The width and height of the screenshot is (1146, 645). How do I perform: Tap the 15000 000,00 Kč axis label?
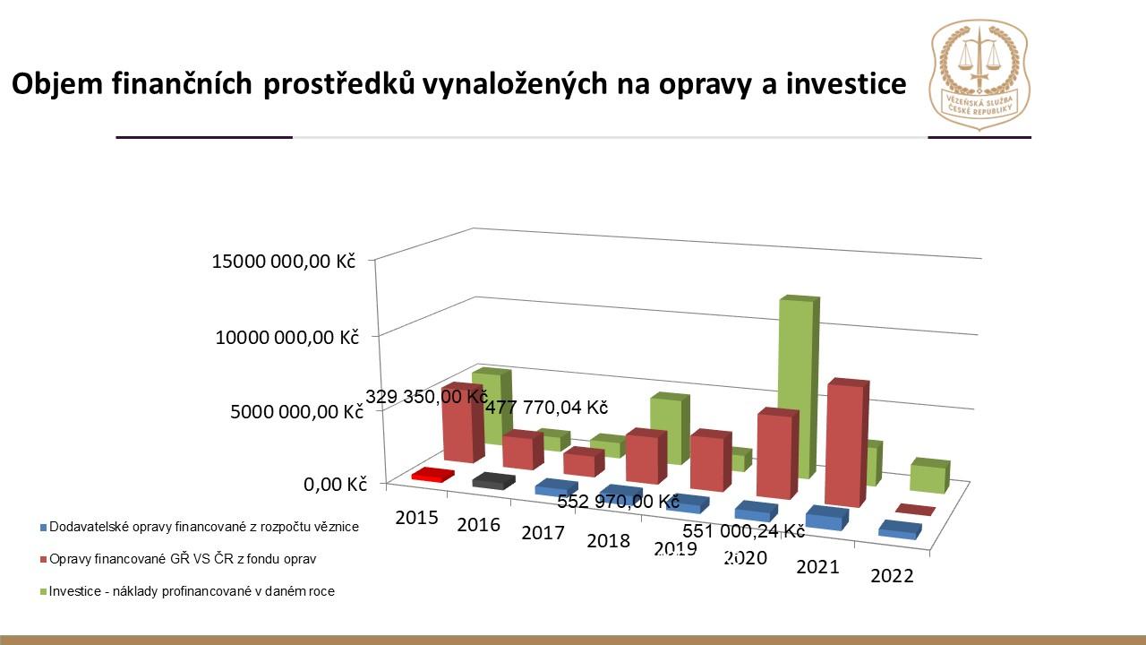(x=283, y=262)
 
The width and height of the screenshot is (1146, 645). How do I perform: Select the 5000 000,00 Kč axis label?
(x=295, y=413)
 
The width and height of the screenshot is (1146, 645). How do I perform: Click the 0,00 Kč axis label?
(x=336, y=485)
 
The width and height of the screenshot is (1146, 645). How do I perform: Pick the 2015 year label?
(x=415, y=517)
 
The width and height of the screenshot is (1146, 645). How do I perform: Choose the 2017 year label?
(x=543, y=533)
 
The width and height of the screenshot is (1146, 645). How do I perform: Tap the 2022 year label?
(x=892, y=575)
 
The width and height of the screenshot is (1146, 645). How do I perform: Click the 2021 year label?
(x=817, y=566)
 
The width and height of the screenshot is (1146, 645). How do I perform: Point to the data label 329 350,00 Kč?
(x=426, y=397)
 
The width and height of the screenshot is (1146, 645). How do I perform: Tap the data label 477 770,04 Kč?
(x=546, y=408)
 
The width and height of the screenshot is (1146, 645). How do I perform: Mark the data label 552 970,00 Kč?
(x=618, y=502)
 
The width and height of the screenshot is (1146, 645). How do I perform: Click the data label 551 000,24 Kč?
(x=743, y=530)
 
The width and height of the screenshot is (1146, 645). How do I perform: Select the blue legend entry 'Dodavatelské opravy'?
(x=199, y=527)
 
